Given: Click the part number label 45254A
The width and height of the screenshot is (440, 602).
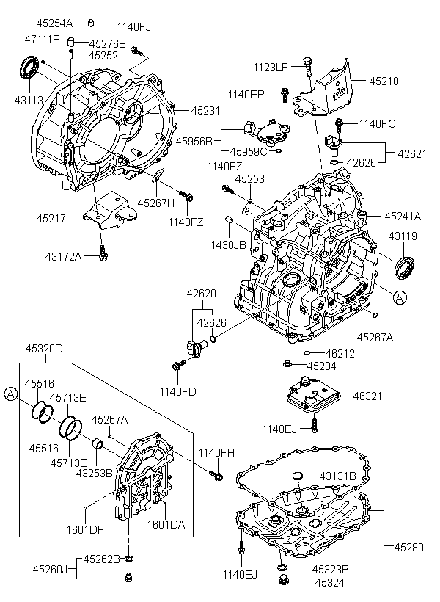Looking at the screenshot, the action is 54,23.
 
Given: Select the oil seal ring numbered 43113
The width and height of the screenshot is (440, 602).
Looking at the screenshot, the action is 29,68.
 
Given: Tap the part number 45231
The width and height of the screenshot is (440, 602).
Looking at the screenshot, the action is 205,111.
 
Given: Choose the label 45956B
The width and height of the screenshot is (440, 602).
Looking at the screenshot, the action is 194,141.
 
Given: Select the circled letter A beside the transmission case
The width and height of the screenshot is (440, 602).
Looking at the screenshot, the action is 400,297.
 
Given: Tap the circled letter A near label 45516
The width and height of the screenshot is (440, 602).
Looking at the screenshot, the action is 11,394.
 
